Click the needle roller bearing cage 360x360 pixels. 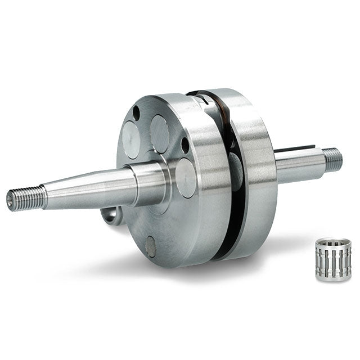coord(332,260)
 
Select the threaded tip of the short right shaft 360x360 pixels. coord(333,159)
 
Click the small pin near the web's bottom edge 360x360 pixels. coord(151,245)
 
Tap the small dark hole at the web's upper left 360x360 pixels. coord(136,113)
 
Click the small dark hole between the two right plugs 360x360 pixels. coord(185,146)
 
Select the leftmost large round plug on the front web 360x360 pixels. coord(130,139)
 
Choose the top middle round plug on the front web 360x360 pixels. coord(160,134)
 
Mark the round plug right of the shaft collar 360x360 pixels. coord(186,177)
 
